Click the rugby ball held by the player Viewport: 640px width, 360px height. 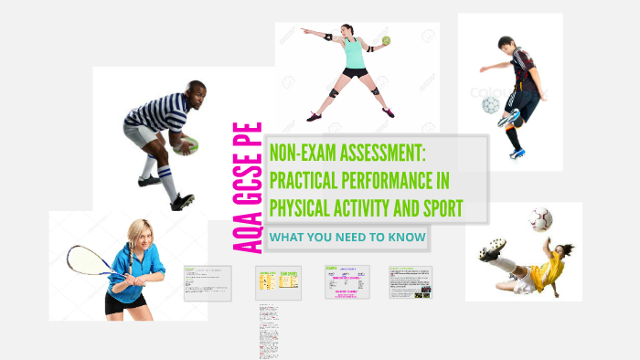tap(186, 144)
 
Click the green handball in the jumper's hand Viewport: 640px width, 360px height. tap(387, 40)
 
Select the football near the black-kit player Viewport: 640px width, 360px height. tap(491, 105)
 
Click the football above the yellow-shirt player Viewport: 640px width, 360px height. tap(540, 219)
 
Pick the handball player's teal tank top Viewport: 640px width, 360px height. tap(354, 55)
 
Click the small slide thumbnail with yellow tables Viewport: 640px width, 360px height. tap(278, 282)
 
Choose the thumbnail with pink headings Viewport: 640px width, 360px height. tap(347, 281)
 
